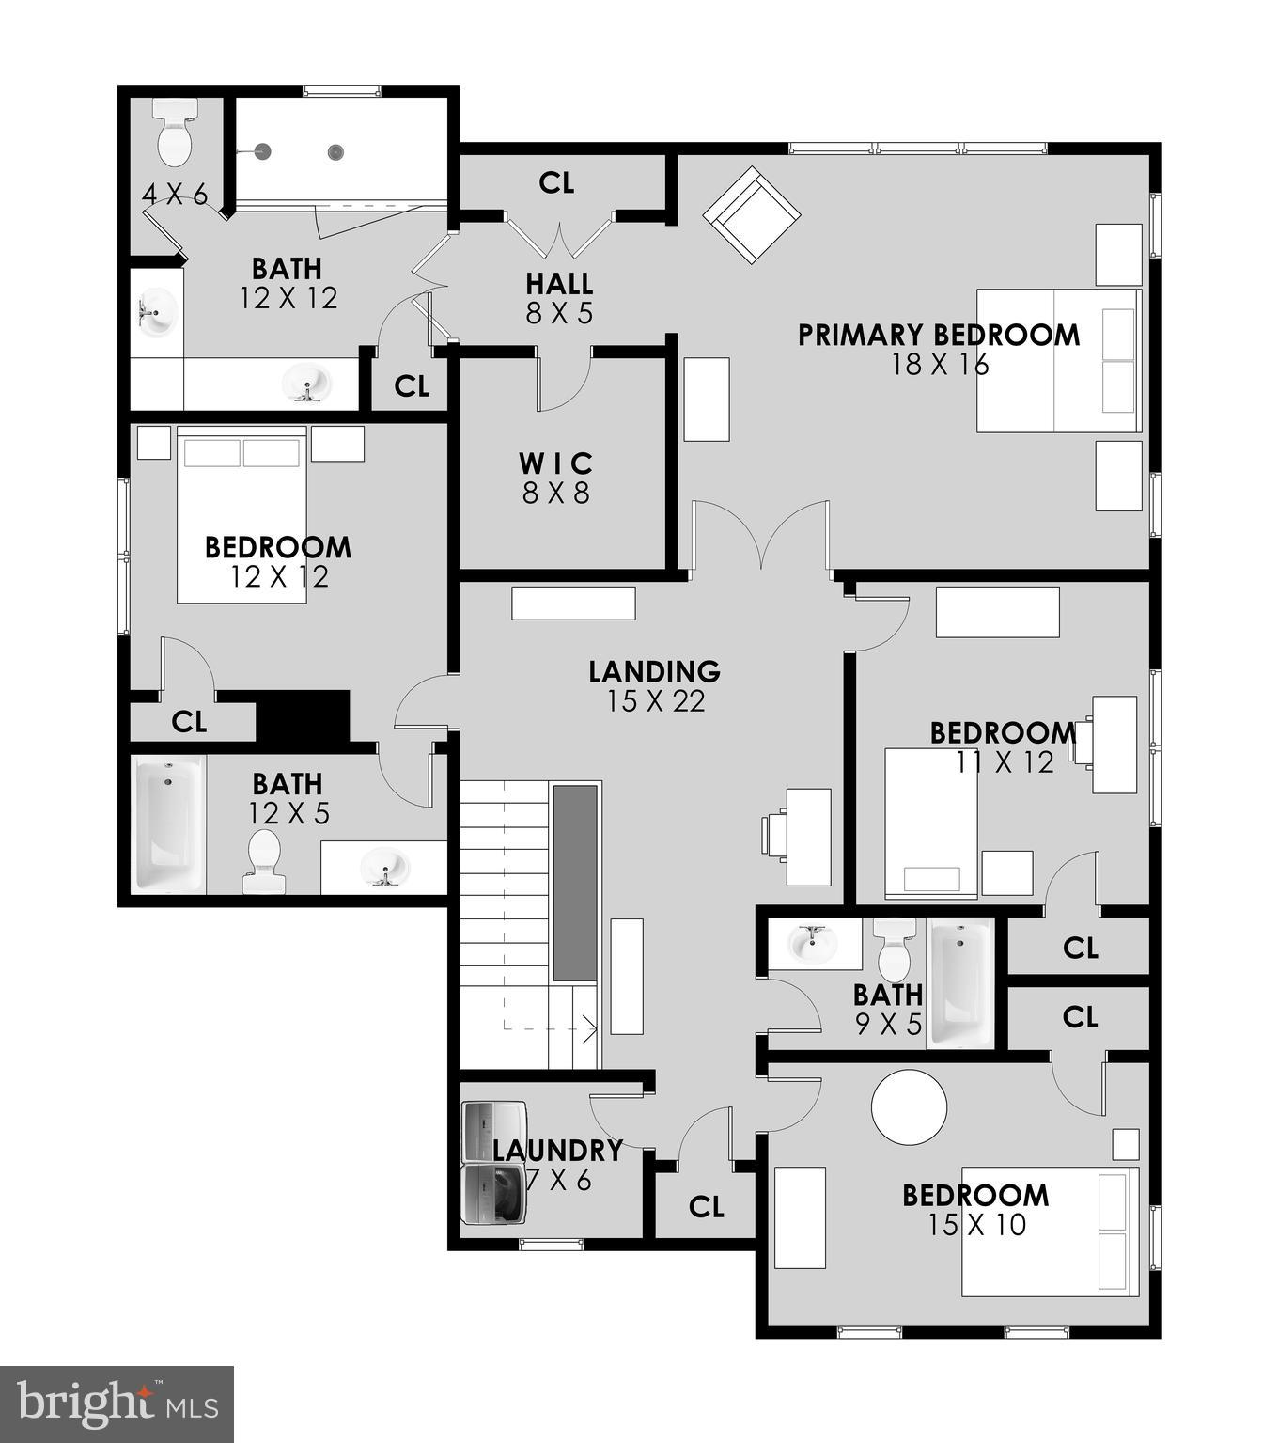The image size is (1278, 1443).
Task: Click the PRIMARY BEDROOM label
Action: pos(939,336)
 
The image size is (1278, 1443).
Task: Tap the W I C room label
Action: pos(556,463)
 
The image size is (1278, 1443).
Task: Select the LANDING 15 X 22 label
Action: pos(654,685)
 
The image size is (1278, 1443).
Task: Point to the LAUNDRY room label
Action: pos(557,1151)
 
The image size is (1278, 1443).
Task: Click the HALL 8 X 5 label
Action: pos(559,297)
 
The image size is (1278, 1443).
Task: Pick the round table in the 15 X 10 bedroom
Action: pos(909,1106)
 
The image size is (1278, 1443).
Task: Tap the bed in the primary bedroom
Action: pos(1058,360)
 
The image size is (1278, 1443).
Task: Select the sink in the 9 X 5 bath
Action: pos(812,943)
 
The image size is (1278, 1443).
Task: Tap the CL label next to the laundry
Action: pos(706,1207)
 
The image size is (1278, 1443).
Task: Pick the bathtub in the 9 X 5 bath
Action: pos(960,983)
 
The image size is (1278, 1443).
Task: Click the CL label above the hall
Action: pos(556,183)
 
